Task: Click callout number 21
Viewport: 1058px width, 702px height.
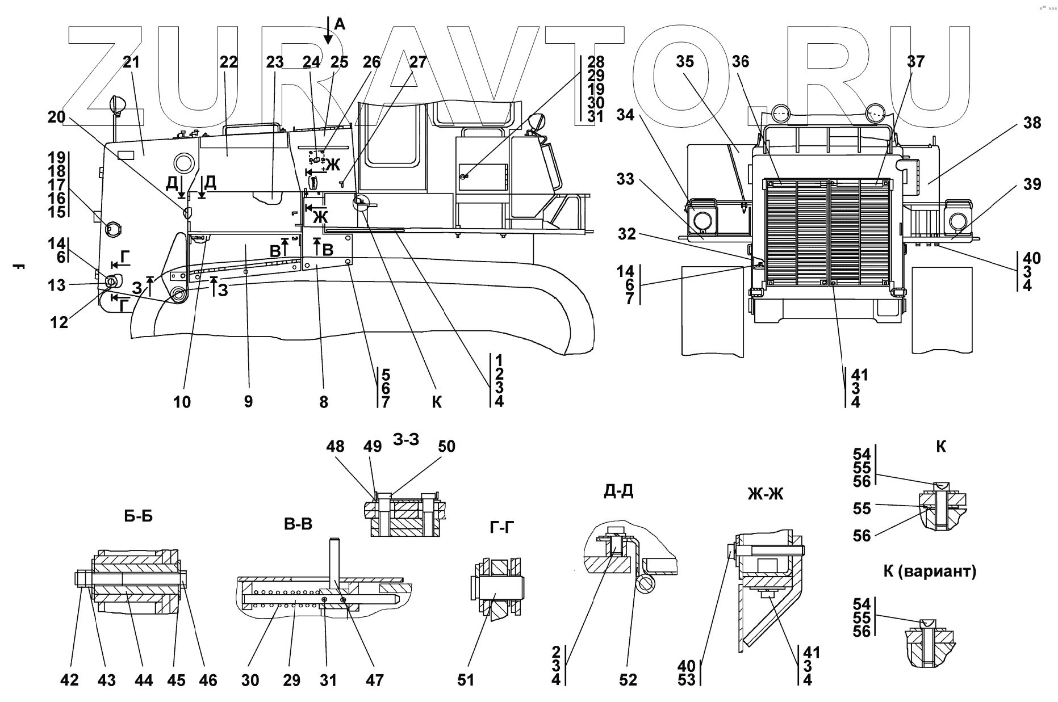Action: click(x=131, y=62)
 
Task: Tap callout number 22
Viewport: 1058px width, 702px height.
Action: click(x=228, y=62)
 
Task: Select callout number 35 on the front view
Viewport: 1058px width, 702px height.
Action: click(x=685, y=61)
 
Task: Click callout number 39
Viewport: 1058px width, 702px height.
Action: click(x=1032, y=184)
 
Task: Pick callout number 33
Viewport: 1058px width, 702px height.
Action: click(x=625, y=179)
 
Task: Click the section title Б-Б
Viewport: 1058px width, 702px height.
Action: click(x=139, y=516)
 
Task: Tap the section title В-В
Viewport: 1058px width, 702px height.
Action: click(x=298, y=524)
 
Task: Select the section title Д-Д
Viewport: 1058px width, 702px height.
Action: click(x=618, y=491)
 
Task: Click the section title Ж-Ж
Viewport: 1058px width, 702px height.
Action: click(x=766, y=494)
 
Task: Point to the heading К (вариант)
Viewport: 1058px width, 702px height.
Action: click(x=930, y=571)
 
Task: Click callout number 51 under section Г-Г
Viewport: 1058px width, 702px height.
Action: click(x=466, y=680)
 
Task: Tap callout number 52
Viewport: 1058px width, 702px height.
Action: click(x=628, y=680)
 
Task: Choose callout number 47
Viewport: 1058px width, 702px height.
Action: click(x=375, y=680)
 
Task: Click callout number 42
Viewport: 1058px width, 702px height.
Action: click(x=70, y=680)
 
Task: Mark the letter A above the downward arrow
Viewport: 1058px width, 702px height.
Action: click(x=339, y=24)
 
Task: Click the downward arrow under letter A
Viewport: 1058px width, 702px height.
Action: click(x=328, y=34)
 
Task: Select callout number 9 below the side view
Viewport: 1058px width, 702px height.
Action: click(x=248, y=402)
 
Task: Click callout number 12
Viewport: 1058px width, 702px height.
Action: click(x=60, y=322)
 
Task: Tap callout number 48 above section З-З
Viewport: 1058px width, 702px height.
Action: click(x=335, y=447)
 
